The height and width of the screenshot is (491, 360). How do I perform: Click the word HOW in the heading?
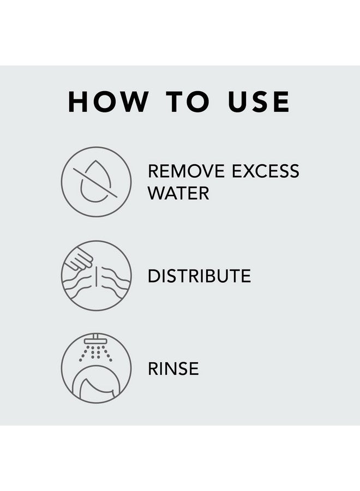pyautogui.click(x=107, y=101)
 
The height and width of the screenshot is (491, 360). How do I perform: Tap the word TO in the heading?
pyautogui.click(x=188, y=101)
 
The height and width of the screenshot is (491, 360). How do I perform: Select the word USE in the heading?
pyautogui.click(x=259, y=101)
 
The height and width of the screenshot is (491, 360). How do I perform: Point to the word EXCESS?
pyautogui.click(x=266, y=171)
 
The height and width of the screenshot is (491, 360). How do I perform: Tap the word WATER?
pyautogui.click(x=178, y=193)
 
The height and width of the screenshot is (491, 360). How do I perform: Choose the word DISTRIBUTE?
pyautogui.click(x=200, y=276)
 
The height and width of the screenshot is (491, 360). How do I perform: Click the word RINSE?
pyautogui.click(x=173, y=368)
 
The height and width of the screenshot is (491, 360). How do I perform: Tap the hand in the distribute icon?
pyautogui.click(x=80, y=259)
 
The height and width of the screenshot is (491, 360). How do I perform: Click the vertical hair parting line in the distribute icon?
pyautogui.click(x=97, y=277)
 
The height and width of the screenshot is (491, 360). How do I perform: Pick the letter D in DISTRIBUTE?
pyautogui.click(x=154, y=276)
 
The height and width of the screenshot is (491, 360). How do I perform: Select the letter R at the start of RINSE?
pyautogui.click(x=153, y=368)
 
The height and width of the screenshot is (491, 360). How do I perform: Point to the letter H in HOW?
pyautogui.click(x=78, y=101)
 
